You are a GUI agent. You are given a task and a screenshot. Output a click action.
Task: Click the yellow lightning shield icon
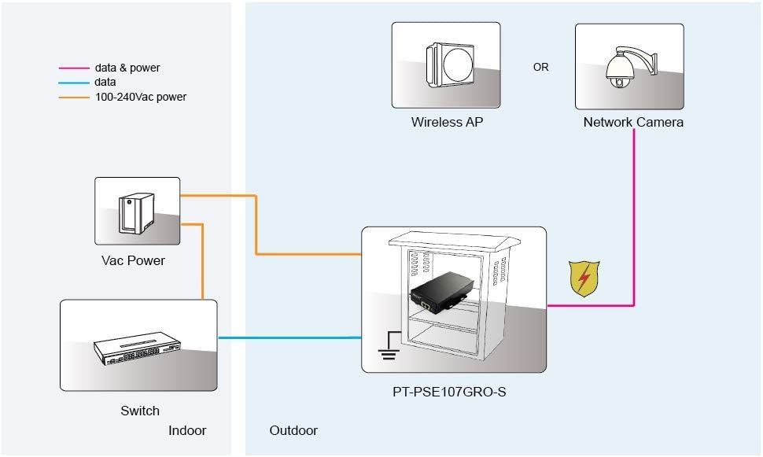click(584, 279)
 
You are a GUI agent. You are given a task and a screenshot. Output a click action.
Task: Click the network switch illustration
click(137, 348)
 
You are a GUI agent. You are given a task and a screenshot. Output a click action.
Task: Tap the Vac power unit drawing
click(136, 212)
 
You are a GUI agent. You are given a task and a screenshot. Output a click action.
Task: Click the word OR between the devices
click(540, 67)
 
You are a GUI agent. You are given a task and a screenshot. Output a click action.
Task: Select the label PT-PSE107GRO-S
click(449, 392)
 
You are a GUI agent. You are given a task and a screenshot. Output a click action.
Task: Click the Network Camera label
click(633, 122)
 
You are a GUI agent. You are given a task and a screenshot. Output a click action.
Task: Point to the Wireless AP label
click(448, 122)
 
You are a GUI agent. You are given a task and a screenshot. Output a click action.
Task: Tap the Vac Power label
click(133, 260)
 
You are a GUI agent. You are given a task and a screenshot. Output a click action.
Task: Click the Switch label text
click(140, 411)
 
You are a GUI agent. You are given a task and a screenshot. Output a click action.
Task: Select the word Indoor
click(187, 430)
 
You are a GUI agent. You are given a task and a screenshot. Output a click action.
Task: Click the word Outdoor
click(293, 430)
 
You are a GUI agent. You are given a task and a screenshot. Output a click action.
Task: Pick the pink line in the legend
click(74, 68)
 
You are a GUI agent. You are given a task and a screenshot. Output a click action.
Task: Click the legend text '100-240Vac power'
click(141, 97)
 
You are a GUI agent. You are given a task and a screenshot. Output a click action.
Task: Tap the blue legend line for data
click(74, 83)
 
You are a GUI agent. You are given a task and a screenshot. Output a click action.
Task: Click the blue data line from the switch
click(289, 337)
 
